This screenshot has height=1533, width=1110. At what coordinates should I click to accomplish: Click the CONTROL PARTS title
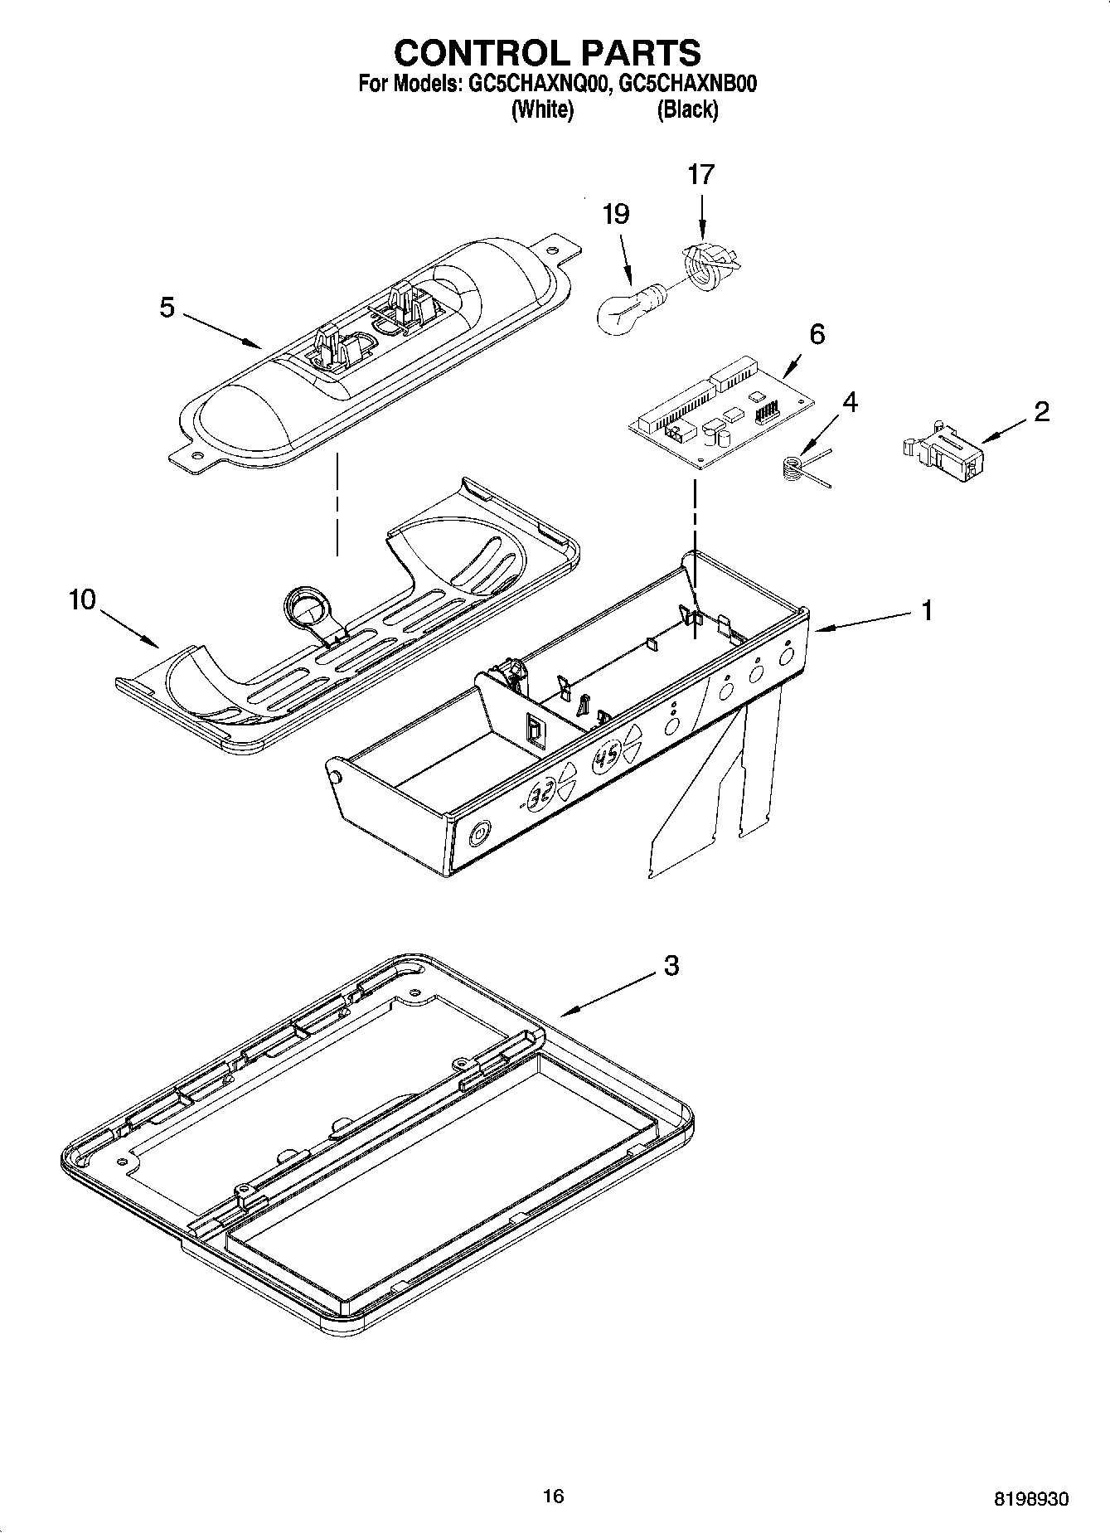(547, 52)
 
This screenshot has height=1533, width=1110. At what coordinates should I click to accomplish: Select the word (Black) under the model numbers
(687, 109)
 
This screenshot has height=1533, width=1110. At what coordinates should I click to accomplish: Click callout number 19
(616, 215)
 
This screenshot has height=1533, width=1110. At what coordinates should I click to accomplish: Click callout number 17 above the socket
(700, 175)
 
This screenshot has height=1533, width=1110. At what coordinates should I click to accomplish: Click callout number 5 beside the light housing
(167, 308)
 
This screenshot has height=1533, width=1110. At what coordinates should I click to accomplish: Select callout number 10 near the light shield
(83, 599)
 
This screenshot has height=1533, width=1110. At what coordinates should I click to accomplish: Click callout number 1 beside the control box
(927, 611)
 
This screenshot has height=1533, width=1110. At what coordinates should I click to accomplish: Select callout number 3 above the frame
(671, 965)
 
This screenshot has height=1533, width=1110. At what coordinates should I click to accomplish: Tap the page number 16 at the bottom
(553, 1496)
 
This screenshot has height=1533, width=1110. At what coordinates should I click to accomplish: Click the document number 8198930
(1030, 1499)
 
